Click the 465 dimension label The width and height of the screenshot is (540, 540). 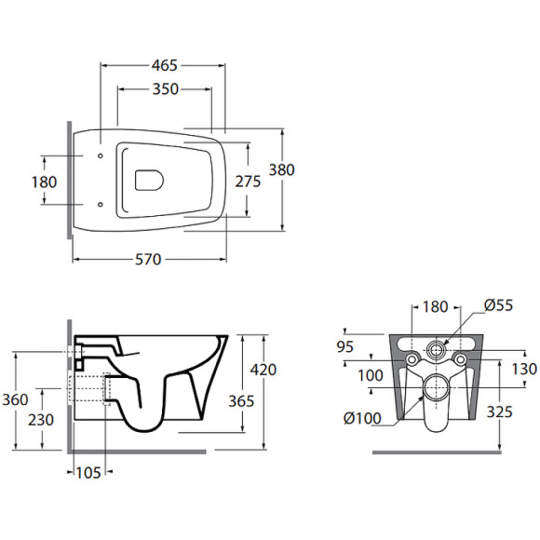[165, 65]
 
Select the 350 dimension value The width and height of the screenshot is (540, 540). [166, 89]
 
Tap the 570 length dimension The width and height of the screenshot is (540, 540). [148, 260]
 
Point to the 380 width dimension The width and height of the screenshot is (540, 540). [282, 169]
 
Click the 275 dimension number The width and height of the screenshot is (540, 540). [248, 182]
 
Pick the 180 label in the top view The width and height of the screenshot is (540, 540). [44, 182]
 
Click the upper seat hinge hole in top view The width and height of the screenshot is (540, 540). [101, 156]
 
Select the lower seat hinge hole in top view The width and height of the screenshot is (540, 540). [101, 205]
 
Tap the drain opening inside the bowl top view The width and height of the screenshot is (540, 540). [149, 180]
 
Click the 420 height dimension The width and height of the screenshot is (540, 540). [263, 370]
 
